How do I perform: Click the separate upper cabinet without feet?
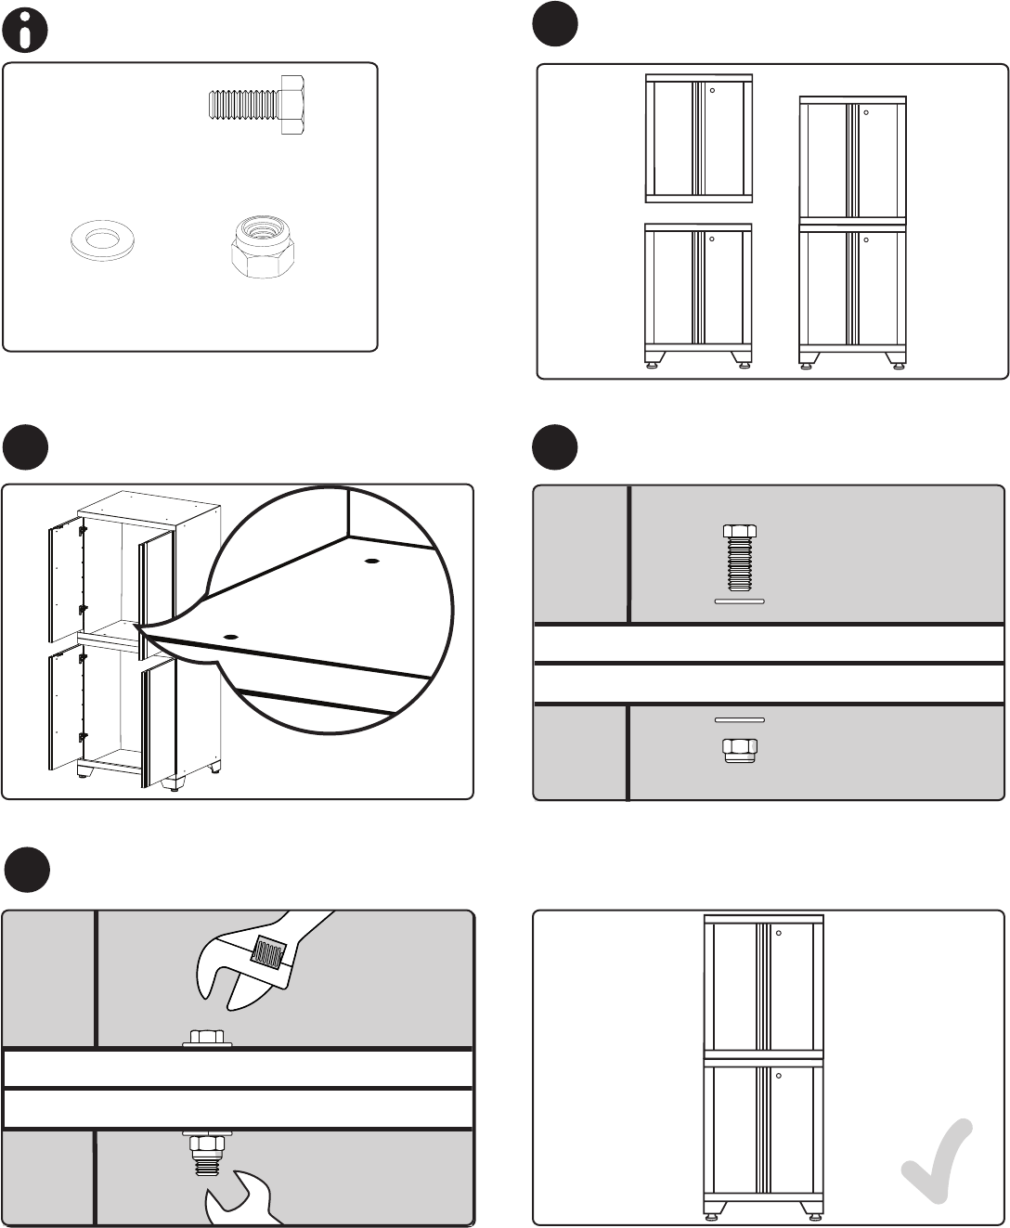[698, 138]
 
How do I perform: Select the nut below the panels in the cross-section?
[739, 749]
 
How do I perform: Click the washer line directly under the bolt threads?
[739, 601]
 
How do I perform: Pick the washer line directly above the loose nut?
[739, 719]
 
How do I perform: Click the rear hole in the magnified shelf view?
[371, 562]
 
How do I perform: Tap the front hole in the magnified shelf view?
[229, 638]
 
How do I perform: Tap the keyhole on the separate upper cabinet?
[713, 90]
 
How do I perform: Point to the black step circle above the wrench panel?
[27, 870]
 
